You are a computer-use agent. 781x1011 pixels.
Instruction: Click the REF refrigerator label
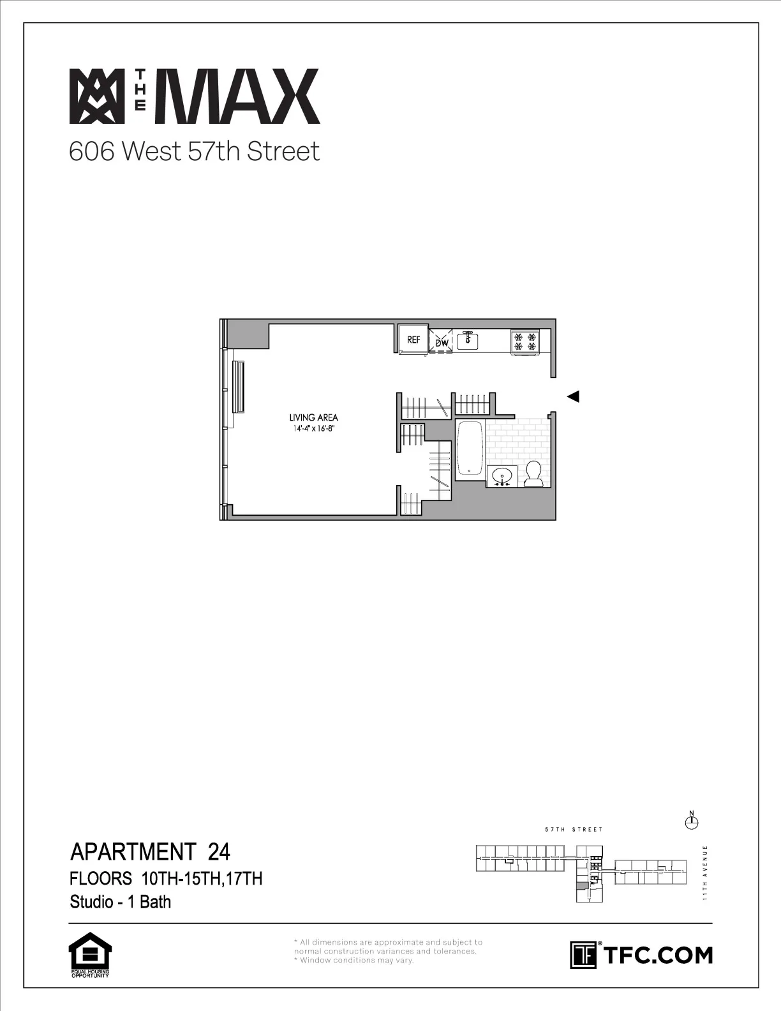(413, 340)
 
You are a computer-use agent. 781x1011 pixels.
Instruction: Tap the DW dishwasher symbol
(442, 342)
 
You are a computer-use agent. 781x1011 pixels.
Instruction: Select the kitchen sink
(468, 339)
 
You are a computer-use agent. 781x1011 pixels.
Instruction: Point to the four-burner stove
(525, 341)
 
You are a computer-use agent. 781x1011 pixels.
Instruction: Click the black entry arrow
(573, 397)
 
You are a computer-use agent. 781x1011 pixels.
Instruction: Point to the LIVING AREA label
(314, 418)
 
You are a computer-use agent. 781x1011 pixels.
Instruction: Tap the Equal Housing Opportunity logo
(89, 955)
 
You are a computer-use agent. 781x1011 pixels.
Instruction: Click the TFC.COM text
(657, 955)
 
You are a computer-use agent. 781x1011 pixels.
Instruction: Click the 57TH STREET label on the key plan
(574, 830)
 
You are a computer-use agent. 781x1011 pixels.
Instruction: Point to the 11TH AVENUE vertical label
(705, 872)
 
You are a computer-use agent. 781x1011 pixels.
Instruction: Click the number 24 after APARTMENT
(219, 851)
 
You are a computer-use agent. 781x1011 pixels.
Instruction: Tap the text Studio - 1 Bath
(121, 902)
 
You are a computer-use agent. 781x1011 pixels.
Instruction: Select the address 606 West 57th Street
(194, 152)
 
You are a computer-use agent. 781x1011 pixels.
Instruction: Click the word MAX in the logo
(242, 96)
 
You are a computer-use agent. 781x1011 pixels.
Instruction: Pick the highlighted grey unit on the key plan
(582, 886)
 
